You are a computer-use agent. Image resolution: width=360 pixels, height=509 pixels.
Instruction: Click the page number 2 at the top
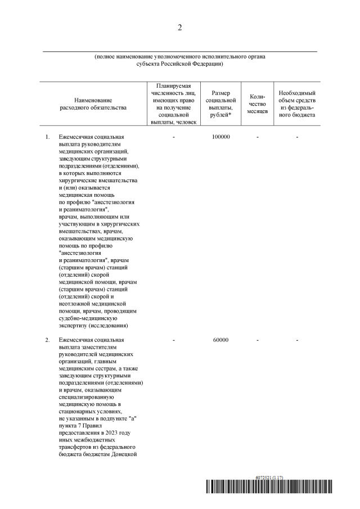(x=179, y=28)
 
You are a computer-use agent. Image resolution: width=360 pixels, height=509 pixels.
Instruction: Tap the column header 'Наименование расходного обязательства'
(x=93, y=102)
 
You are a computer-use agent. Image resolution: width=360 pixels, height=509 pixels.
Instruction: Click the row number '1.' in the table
(x=48, y=137)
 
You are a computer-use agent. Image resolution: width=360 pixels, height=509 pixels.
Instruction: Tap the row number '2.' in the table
(x=48, y=340)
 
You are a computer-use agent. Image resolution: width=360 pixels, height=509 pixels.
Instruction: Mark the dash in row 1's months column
(x=256, y=137)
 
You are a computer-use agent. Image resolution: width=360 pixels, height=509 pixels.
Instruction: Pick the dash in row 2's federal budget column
(x=296, y=340)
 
